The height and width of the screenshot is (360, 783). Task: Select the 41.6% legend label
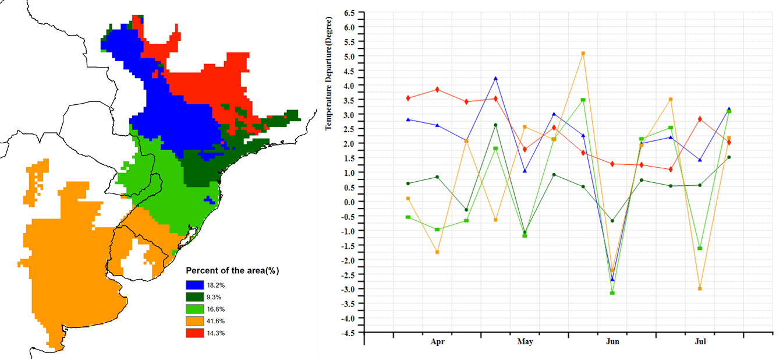pos(216,321)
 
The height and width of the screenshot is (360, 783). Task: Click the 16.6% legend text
pos(216,309)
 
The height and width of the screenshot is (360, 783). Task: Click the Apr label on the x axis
pos(437,342)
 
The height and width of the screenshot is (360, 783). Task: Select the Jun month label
pos(612,342)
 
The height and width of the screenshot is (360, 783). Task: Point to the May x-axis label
pos(525,342)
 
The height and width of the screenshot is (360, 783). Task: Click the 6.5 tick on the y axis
pos(349,12)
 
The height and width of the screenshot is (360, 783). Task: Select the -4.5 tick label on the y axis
pos(348,333)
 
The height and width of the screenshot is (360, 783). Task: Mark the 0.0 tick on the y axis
pos(349,202)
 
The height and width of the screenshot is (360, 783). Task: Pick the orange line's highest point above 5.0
pos(583,54)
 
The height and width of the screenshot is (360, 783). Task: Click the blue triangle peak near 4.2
pos(495,78)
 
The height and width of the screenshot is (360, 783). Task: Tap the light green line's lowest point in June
pos(612,293)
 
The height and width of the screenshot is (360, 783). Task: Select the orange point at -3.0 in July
pos(700,289)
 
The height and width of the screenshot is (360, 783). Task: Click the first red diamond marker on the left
pos(408,98)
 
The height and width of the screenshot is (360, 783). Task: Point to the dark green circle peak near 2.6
pos(495,125)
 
